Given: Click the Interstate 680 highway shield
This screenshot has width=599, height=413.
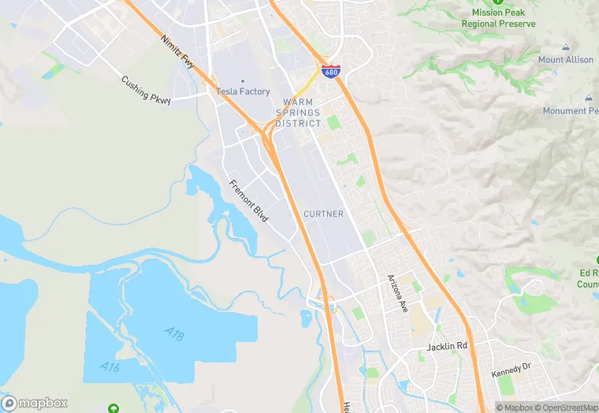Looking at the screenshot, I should [331, 72].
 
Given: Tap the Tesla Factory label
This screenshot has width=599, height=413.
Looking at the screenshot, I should [243, 92].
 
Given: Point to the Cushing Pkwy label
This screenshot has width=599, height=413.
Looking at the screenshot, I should [146, 91].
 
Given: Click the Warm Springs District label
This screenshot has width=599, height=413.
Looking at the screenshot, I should [299, 113].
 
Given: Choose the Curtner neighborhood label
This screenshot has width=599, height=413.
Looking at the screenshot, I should [323, 214].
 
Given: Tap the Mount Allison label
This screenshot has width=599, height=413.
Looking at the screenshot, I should [566, 60].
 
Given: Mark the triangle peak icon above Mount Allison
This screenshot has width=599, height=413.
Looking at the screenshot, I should [566, 47].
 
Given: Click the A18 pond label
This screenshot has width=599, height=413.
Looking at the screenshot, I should [175, 336].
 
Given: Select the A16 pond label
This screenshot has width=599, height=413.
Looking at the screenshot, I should [110, 366].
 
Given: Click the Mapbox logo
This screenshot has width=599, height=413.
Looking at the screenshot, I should [35, 403].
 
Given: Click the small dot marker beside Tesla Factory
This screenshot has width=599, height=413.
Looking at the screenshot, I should [243, 80].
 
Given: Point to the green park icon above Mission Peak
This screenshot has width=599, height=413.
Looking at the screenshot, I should [498, 2].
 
